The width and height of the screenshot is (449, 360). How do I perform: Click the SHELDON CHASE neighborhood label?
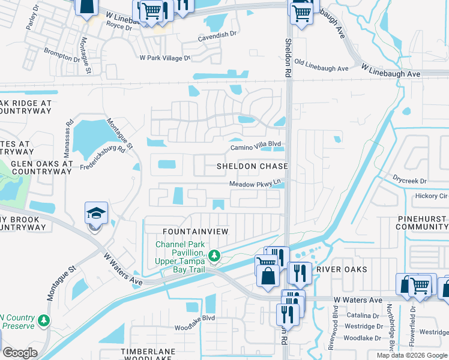pyautogui.click(x=252, y=166)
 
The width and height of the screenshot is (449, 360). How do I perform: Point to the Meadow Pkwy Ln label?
pyautogui.click(x=255, y=184)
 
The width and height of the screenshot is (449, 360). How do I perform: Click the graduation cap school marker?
pyautogui.click(x=96, y=215)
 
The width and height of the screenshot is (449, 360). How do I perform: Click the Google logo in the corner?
pyautogui.click(x=20, y=352)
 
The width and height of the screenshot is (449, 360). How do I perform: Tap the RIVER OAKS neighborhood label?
pyautogui.click(x=342, y=269)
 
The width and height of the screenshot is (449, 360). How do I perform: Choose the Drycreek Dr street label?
pyautogui.click(x=409, y=181)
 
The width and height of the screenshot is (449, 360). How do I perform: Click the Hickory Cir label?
pyautogui.click(x=431, y=196)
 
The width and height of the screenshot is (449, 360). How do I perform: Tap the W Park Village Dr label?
pyautogui.click(x=164, y=58)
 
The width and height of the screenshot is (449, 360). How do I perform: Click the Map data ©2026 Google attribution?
pyautogui.click(x=412, y=355)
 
